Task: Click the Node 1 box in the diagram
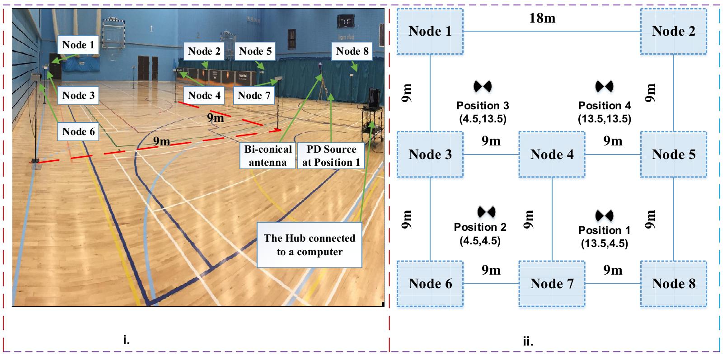[x=430, y=31]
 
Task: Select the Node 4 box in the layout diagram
[x=552, y=154]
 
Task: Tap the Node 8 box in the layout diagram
[x=673, y=284]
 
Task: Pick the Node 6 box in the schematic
[x=430, y=284]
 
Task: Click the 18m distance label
[x=542, y=18]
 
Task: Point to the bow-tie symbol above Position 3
[x=483, y=86]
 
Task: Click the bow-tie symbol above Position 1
[x=604, y=215]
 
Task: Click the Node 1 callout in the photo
[x=79, y=45]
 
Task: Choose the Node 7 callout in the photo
[x=254, y=95]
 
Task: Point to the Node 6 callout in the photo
[x=79, y=131]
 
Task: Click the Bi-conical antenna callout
[x=268, y=156]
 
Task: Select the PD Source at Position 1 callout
[x=331, y=156]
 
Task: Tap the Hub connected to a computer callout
[x=310, y=245]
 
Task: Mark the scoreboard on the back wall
[x=345, y=21]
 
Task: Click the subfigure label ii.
[x=527, y=341]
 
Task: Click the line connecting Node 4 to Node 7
[x=552, y=219]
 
